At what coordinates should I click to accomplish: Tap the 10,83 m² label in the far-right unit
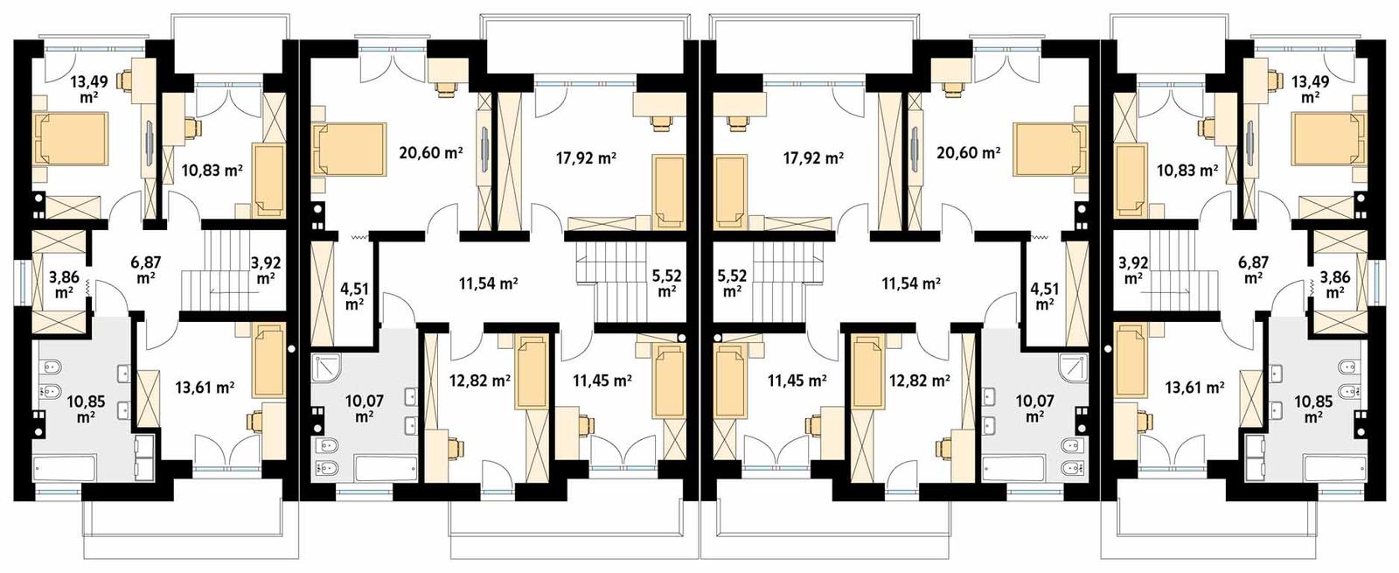click(1187, 171)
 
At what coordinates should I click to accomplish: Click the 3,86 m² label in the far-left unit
click(64, 285)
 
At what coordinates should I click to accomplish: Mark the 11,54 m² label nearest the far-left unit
click(488, 283)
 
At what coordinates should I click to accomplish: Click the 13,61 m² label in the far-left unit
click(204, 388)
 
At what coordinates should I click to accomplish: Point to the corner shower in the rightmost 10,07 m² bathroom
click(1070, 369)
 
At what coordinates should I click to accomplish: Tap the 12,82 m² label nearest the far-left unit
click(480, 381)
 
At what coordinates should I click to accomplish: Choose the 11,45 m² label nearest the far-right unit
click(797, 381)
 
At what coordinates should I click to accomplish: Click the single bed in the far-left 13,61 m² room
click(268, 360)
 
